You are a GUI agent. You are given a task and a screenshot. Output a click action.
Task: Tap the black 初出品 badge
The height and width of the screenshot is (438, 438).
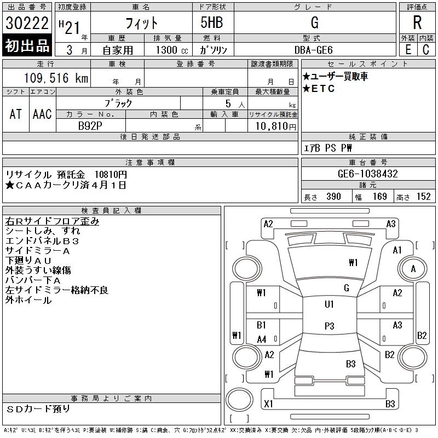[x=27, y=45]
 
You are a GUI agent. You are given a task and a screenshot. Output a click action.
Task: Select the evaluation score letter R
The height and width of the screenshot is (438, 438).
[x=417, y=23]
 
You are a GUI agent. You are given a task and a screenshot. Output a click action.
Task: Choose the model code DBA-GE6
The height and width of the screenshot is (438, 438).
[x=314, y=49]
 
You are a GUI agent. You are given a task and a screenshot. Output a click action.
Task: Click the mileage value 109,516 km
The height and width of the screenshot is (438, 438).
[x=56, y=78]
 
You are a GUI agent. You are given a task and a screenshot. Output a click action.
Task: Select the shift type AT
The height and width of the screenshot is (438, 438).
[x=16, y=114]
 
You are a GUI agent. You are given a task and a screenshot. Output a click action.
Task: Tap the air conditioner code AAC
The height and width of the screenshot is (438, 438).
[x=42, y=114]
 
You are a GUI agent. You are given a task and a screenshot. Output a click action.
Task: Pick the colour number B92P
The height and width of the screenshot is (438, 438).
[x=90, y=126]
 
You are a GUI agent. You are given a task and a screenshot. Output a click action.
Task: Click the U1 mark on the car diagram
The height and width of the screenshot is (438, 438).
[x=329, y=304]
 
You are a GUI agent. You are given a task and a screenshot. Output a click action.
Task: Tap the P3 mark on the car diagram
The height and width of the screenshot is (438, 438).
[x=329, y=326]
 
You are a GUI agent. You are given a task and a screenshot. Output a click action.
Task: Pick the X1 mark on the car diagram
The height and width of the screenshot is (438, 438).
[x=268, y=404]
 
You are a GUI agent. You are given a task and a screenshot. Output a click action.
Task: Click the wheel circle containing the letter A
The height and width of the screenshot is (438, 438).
[x=413, y=269]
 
